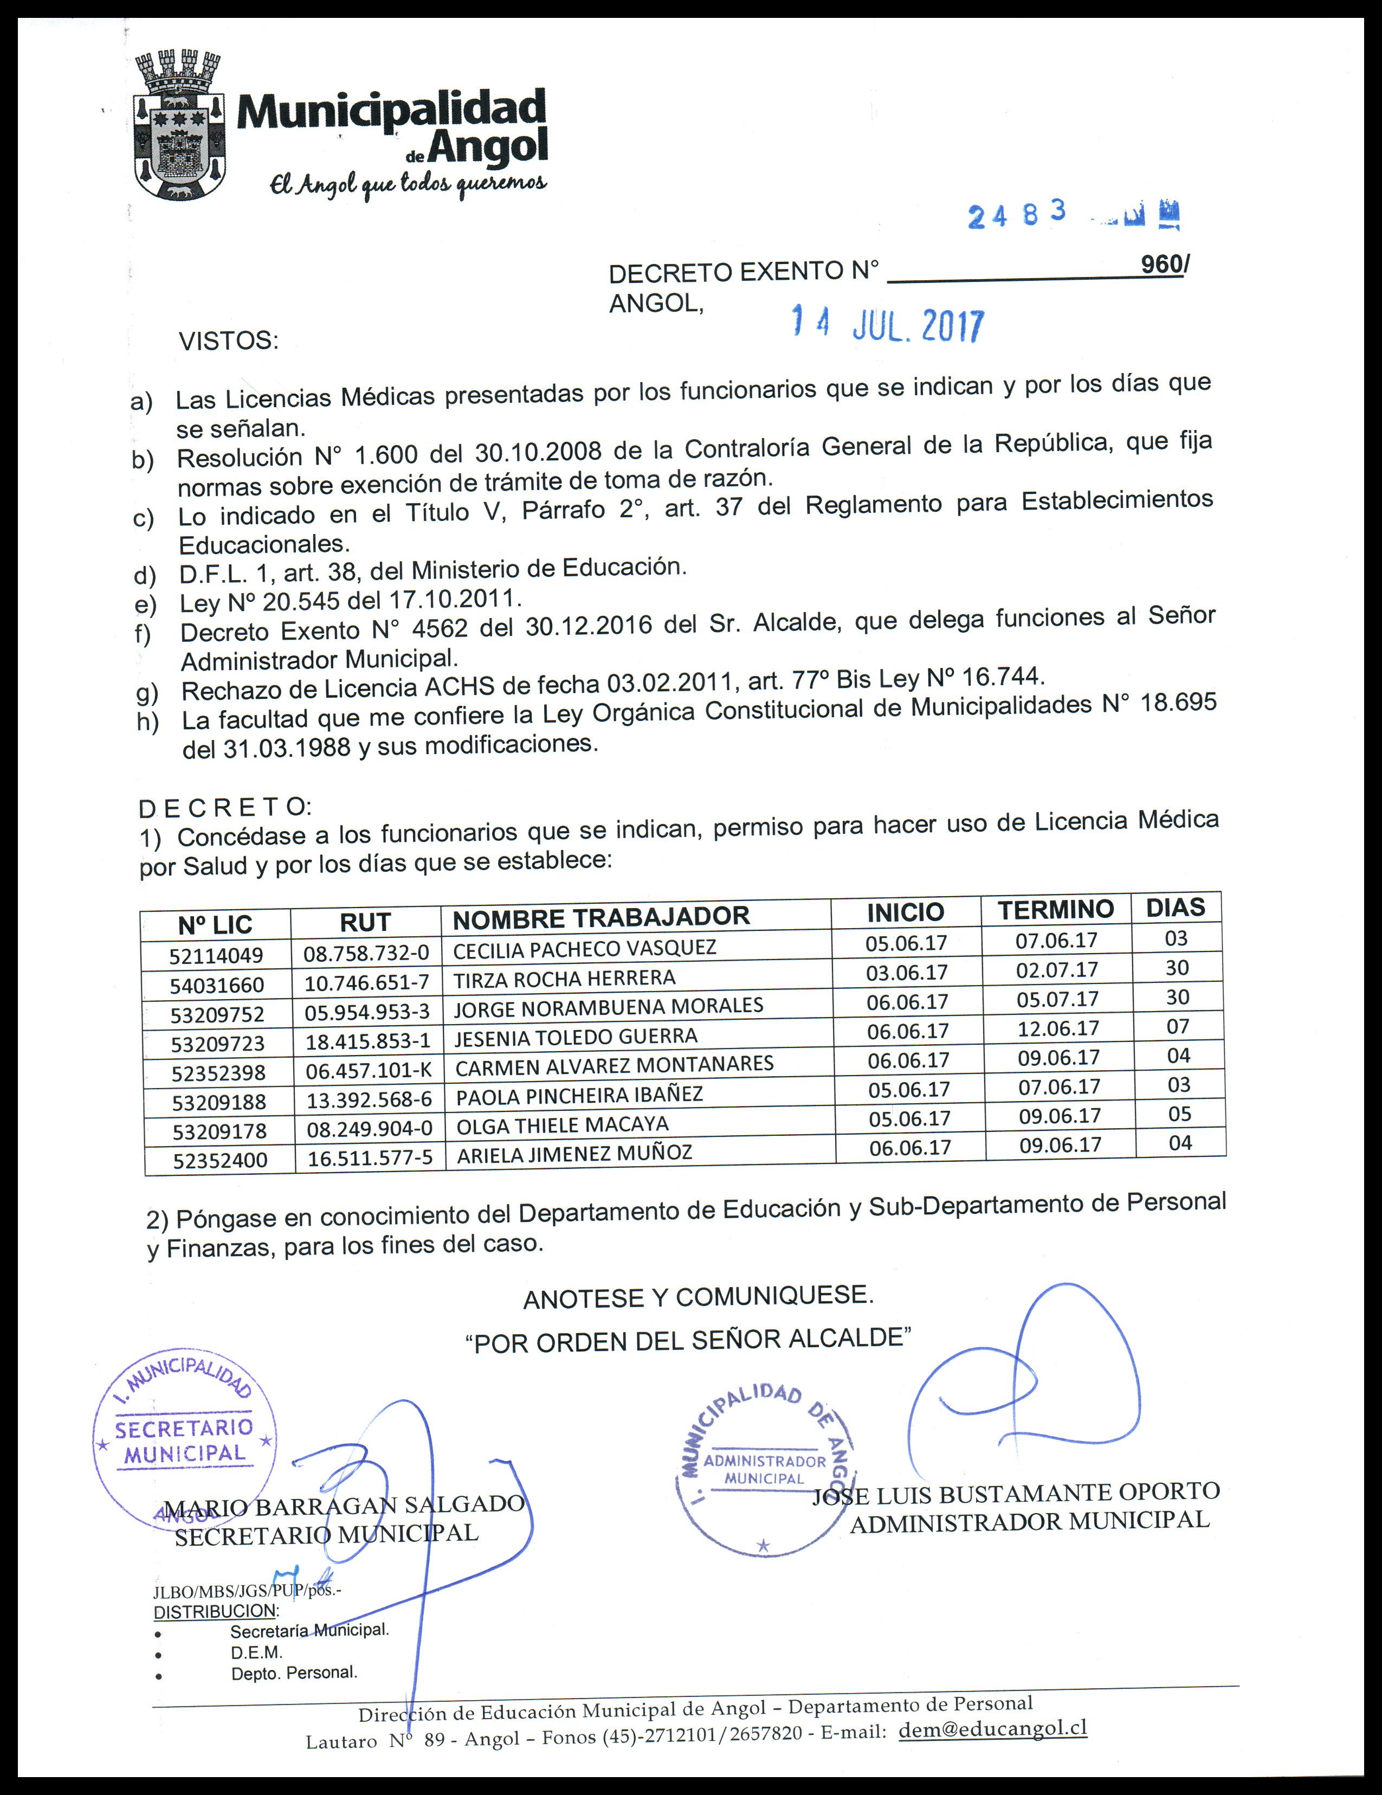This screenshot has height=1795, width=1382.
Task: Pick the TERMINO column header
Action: (1056, 910)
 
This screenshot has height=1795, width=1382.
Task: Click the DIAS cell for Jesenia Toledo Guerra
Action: (1178, 1027)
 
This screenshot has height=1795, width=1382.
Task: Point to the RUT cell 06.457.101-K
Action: (368, 1071)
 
